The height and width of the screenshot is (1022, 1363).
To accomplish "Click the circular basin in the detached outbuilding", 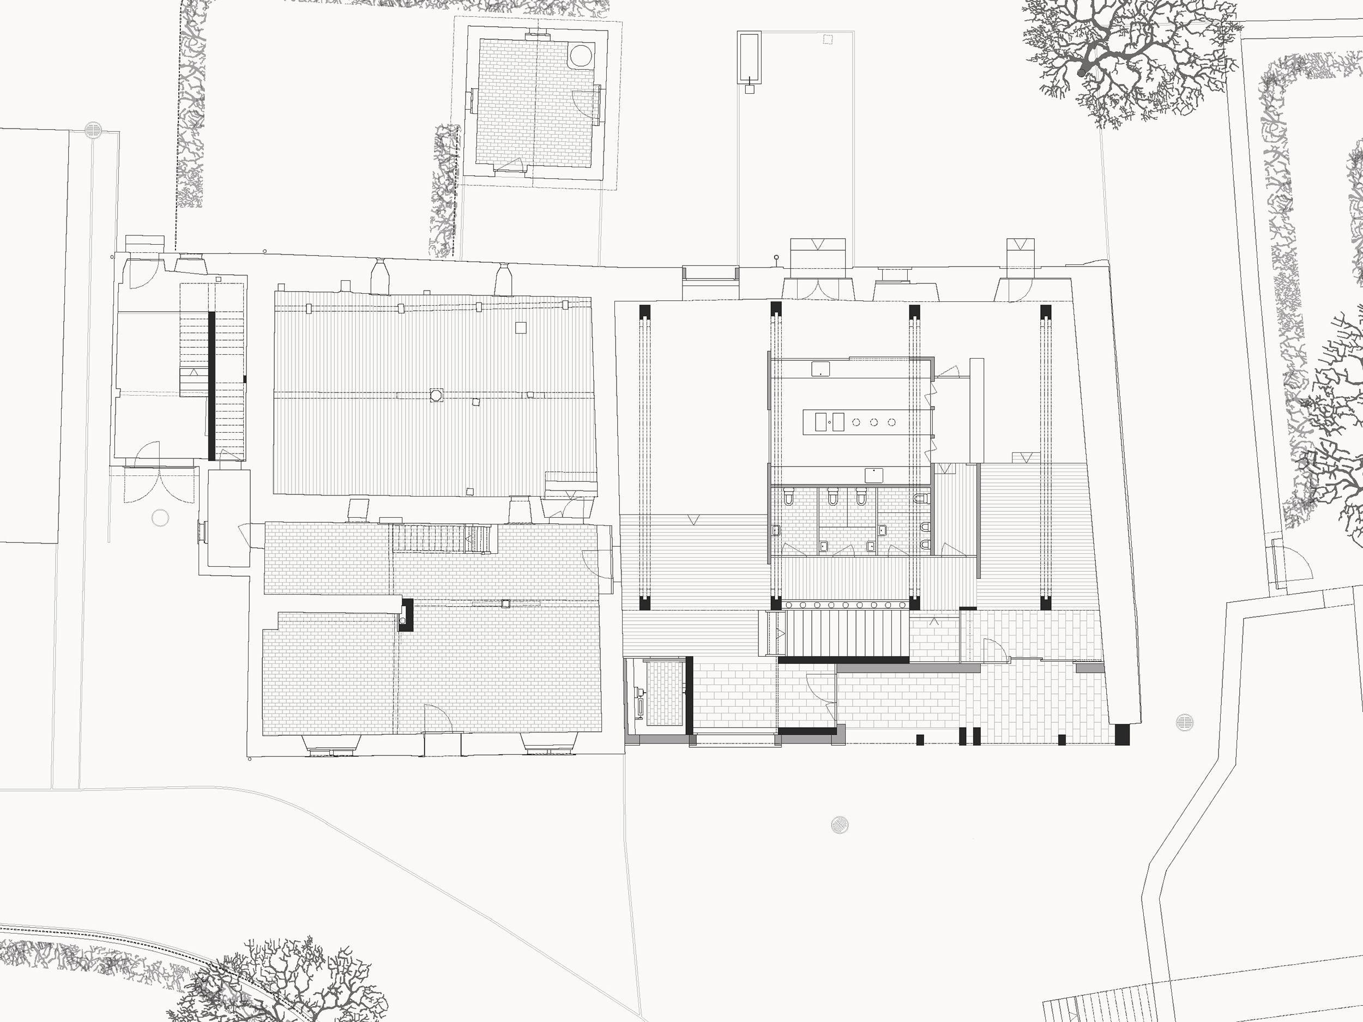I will click(581, 56).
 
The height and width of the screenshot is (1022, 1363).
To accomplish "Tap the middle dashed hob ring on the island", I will click(874, 422).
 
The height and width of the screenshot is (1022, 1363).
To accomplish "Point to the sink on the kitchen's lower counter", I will click(875, 475).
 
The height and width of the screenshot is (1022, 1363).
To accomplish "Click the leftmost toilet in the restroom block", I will click(788, 495).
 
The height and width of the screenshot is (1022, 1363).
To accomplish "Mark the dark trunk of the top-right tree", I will click(1081, 72).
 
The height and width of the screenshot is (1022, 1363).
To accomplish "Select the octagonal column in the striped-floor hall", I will click(436, 395).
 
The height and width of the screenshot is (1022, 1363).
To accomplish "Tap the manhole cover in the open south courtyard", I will click(839, 824).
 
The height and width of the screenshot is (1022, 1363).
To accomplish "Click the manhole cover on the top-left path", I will click(93, 130).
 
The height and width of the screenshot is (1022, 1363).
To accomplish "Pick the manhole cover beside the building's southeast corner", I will click(1184, 722).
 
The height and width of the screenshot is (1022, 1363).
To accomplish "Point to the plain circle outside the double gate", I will click(160, 518).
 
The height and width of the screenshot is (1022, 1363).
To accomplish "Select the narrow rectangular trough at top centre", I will click(749, 57).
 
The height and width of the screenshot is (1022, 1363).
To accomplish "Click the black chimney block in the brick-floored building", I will click(406, 614).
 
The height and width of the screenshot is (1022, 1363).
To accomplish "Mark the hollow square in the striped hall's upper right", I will click(521, 328).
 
